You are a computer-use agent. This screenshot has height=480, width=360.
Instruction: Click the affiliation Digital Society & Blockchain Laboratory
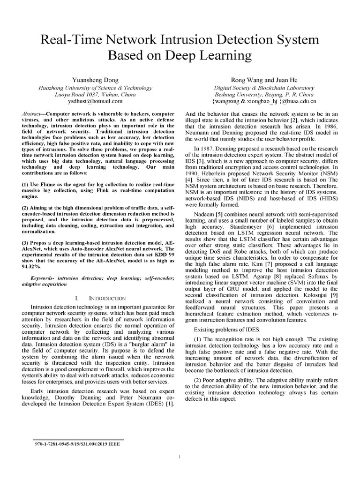click(264, 87)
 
